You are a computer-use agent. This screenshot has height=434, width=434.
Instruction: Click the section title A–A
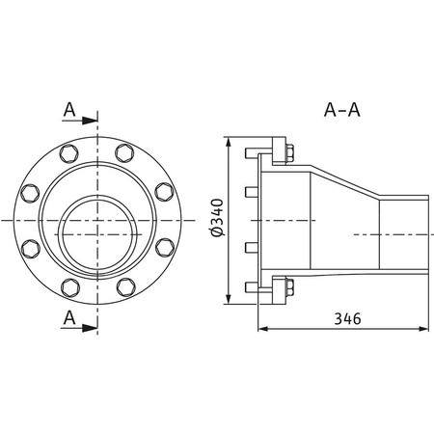coord(341,109)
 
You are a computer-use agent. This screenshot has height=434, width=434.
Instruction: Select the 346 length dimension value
coord(342,317)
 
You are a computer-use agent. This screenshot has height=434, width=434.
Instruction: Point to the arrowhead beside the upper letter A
coord(92,122)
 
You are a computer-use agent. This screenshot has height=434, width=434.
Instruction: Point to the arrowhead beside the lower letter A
coord(92,327)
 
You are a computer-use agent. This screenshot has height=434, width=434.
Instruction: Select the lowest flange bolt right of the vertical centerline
coord(124,286)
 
